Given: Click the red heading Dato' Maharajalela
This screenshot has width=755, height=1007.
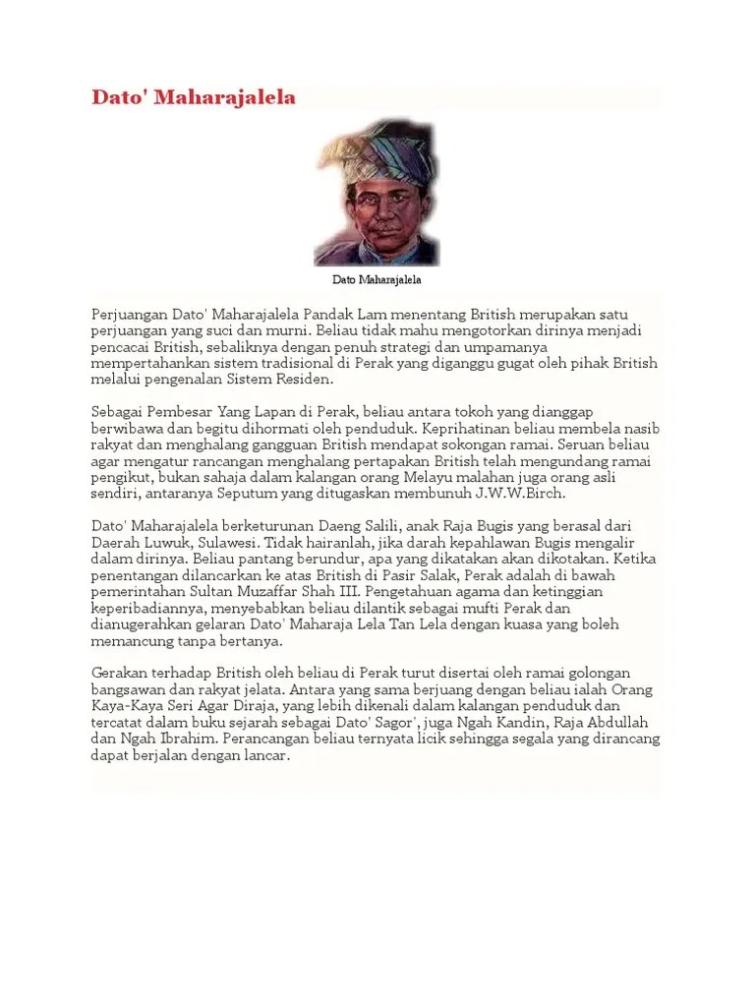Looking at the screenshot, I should (x=193, y=98).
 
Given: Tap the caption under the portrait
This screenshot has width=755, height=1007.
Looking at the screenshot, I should (x=377, y=280).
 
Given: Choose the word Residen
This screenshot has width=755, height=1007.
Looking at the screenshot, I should (x=301, y=380).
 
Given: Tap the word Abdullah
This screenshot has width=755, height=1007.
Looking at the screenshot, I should (x=628, y=724).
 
